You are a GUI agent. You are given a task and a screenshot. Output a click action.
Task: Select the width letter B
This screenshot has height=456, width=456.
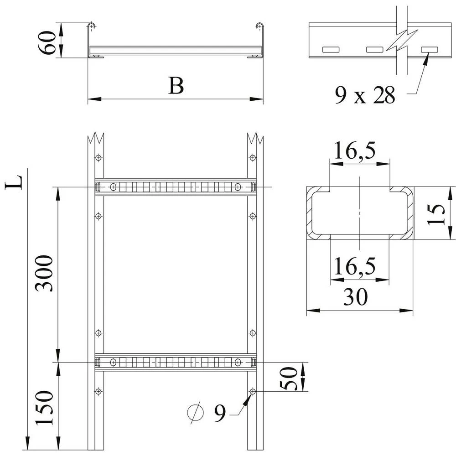(x=176, y=85)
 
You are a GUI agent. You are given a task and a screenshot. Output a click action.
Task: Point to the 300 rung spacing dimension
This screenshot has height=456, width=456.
(x=45, y=273)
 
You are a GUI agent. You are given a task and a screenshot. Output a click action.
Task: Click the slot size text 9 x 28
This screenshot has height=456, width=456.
(x=364, y=96)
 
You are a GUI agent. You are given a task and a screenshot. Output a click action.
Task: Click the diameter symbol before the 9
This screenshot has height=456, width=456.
(x=195, y=413)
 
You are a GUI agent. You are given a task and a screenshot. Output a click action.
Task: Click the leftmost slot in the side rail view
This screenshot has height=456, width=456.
(x=332, y=49)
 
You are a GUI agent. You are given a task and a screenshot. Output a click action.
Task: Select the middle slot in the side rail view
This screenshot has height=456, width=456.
(x=374, y=49)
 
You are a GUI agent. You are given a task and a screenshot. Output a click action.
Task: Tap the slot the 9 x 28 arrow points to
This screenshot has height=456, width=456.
(x=429, y=49)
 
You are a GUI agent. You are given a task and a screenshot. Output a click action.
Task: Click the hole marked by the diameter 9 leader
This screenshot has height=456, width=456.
(x=253, y=392)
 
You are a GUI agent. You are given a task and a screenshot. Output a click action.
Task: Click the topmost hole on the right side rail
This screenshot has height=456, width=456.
(x=253, y=158)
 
